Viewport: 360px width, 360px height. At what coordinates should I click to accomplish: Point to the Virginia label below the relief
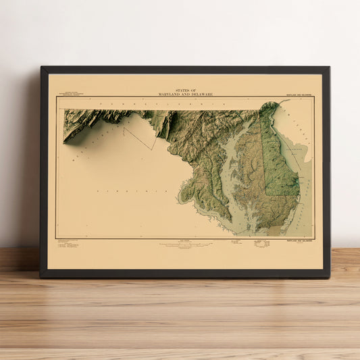click(x=129, y=191)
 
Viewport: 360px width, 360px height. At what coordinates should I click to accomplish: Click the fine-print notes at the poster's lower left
click(x=68, y=244)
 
